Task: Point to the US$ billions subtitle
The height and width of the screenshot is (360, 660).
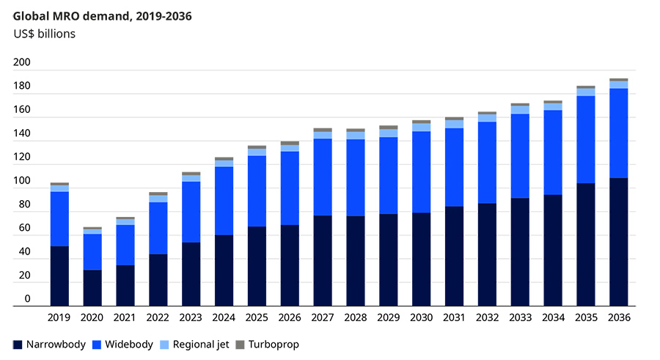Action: pos(44,34)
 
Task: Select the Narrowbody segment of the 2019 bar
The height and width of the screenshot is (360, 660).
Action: pos(59,276)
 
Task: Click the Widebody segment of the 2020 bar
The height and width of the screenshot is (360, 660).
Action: pos(92,251)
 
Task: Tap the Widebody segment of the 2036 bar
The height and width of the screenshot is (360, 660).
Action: pos(618,133)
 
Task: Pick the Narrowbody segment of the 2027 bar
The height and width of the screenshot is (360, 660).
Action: pos(323,260)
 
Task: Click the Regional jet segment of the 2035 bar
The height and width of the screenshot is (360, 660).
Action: pos(585,92)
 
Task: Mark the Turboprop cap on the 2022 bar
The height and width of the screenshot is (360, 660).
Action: pos(158,194)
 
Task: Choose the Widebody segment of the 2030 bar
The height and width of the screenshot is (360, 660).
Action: pos(422,172)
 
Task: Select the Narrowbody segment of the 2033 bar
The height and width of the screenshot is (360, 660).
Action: pos(520,252)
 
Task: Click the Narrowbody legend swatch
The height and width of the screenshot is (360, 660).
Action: pos(18,345)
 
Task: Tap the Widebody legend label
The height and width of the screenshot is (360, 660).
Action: pos(129,345)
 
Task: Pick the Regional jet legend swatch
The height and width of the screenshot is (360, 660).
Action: pos(164,345)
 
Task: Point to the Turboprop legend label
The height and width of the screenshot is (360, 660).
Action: pos(274,345)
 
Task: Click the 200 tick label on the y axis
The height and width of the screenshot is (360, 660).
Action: pos(22,62)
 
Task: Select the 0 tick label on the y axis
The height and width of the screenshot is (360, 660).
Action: pos(27,298)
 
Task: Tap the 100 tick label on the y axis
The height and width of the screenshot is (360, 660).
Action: pos(22,180)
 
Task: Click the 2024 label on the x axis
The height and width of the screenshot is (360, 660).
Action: pos(224,317)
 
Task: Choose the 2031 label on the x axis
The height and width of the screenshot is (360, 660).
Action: pos(454,317)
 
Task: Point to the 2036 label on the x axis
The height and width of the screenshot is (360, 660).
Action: pos(619,317)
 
